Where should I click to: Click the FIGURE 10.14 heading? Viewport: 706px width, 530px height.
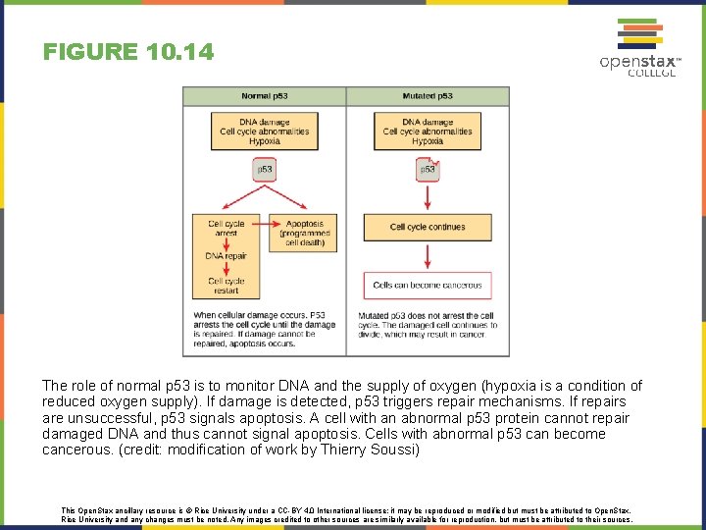pyautogui.click(x=127, y=52)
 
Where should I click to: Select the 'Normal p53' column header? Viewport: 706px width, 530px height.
pyautogui.click(x=264, y=96)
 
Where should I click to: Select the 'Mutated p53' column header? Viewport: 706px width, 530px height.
pyautogui.click(x=428, y=96)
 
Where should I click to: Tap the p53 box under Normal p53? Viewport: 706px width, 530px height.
pyautogui.click(x=265, y=170)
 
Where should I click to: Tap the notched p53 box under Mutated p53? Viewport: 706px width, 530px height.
pyautogui.click(x=428, y=169)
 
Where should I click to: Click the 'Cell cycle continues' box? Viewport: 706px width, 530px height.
pyautogui.click(x=428, y=227)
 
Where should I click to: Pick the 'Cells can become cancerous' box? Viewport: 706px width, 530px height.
pyautogui.click(x=428, y=286)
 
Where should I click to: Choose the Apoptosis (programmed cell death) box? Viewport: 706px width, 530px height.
pyautogui.click(x=305, y=233)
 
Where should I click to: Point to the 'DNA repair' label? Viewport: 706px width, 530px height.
pyautogui.click(x=227, y=257)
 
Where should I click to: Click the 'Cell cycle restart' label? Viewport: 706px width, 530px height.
pyautogui.click(x=227, y=286)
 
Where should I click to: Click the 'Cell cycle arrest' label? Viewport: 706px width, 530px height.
pyautogui.click(x=227, y=228)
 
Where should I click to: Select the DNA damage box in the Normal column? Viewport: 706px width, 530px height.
pyautogui.click(x=265, y=132)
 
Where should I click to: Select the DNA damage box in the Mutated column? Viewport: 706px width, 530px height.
pyautogui.click(x=428, y=132)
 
